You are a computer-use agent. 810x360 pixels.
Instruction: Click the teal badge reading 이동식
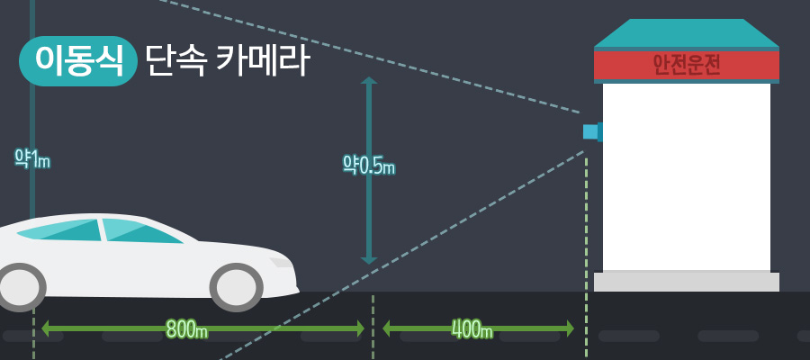tap(77, 60)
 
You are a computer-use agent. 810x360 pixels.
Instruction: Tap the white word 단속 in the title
tap(176, 60)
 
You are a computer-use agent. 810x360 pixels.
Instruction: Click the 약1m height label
tap(31, 159)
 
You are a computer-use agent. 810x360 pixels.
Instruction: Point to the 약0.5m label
tap(368, 166)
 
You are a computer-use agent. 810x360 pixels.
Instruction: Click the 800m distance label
tap(186, 329)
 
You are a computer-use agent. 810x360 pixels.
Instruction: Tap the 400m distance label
tap(472, 329)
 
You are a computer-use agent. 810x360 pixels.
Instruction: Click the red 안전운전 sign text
tap(686, 65)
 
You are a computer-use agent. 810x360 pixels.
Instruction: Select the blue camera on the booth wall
tap(591, 132)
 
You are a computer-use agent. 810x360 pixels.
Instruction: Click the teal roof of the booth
tap(686, 34)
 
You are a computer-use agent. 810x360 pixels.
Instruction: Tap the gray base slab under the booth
tap(686, 282)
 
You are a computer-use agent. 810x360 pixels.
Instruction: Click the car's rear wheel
tap(237, 287)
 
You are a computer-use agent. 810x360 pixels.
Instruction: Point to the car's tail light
tap(281, 262)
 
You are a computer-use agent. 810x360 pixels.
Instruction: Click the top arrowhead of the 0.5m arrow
tap(368, 81)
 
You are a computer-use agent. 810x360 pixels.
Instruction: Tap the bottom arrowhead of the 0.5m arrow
tap(368, 259)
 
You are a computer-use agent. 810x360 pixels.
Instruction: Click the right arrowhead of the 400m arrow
tap(569, 328)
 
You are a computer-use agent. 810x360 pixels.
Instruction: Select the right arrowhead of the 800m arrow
tap(360, 328)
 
